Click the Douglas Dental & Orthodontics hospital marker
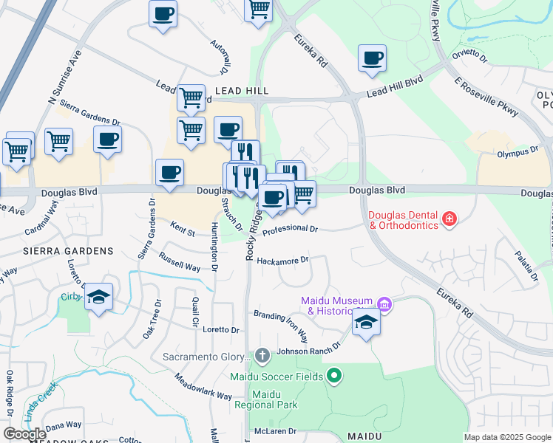pyautogui.click(x=449, y=219)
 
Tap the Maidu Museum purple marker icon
pyautogui.click(x=384, y=303)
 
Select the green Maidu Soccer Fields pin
pyautogui.click(x=334, y=377)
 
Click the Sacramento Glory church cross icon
pyautogui.click(x=262, y=357)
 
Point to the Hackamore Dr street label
pyautogui.click(x=281, y=259)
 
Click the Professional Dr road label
pyautogui.click(x=290, y=230)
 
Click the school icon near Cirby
pyautogui.click(x=98, y=298)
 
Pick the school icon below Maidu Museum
pyautogui.click(x=365, y=323)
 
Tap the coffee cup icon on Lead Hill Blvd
pyautogui.click(x=372, y=58)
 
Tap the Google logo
pyautogui.click(x=24, y=434)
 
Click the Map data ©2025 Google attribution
pyautogui.click(x=506, y=437)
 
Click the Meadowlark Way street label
pyautogui.click(x=203, y=386)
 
